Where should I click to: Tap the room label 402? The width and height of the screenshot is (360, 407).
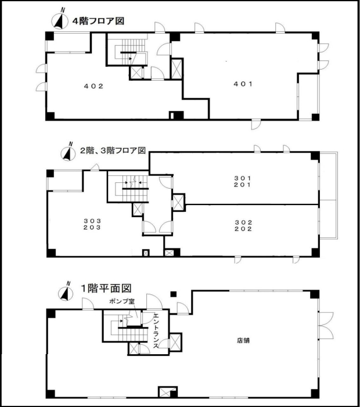pos(93,86)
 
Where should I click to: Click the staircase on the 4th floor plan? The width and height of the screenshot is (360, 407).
pos(129,52)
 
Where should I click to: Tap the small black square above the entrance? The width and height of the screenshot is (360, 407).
pos(172,294)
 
